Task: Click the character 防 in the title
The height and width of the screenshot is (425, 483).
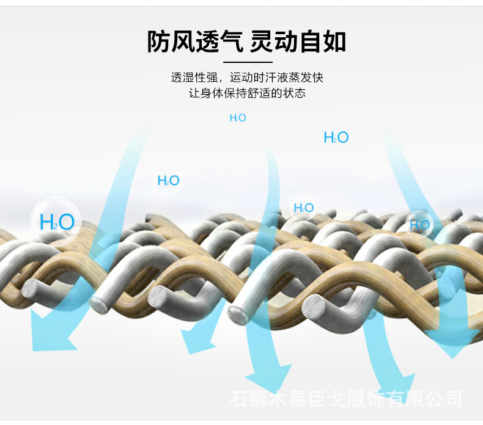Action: tap(158, 42)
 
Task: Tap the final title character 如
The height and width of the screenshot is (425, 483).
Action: tap(336, 42)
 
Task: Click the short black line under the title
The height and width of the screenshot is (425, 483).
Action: tap(247, 62)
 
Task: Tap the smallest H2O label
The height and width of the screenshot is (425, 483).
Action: tap(238, 118)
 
